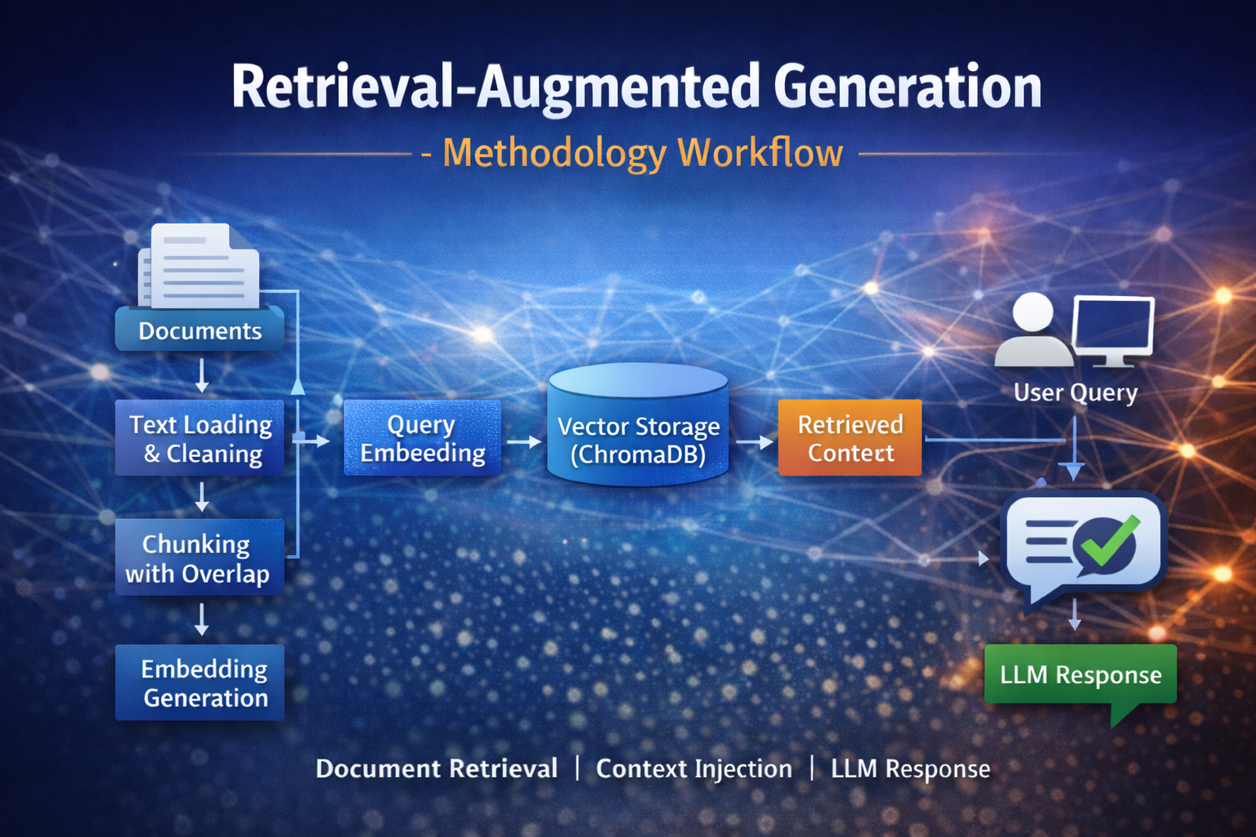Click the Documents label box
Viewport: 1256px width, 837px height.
(200, 330)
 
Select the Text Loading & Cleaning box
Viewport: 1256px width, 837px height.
(200, 438)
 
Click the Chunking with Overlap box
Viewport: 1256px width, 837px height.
(200, 557)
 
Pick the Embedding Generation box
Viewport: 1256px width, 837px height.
(200, 683)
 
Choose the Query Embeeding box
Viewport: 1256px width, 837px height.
(422, 438)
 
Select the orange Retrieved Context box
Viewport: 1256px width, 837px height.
(850, 438)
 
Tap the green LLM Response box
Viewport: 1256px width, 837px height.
(1080, 675)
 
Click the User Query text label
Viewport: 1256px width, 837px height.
(1075, 393)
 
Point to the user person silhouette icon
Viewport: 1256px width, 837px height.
(1033, 331)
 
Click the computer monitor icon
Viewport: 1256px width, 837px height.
(1113, 329)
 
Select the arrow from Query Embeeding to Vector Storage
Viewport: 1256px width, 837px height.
(524, 441)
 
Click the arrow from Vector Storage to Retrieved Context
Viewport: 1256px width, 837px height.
(755, 442)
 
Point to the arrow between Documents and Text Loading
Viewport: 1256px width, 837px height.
(202, 376)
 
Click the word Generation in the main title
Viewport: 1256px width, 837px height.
(908, 87)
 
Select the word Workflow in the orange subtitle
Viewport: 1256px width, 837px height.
(760, 153)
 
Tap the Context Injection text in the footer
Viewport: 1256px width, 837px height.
(693, 769)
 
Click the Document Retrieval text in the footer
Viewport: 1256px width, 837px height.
(437, 769)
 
